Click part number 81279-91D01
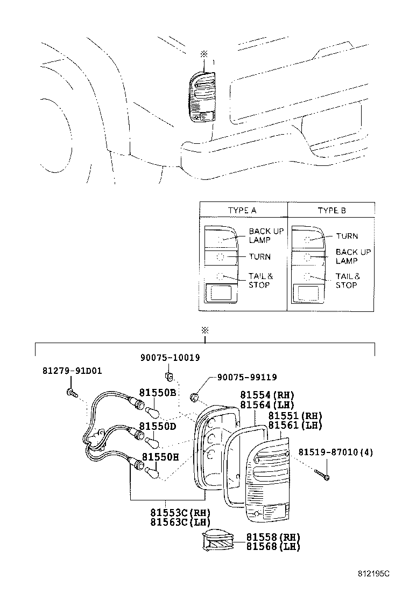pyautogui.click(x=72, y=371)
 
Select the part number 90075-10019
pyautogui.click(x=170, y=358)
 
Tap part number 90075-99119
pyautogui.click(x=247, y=377)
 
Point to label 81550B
pyautogui.click(x=157, y=392)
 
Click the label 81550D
pyautogui.click(x=157, y=426)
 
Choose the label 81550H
pyautogui.click(x=160, y=457)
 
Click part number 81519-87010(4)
pyautogui.click(x=336, y=452)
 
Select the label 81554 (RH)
pyautogui.click(x=267, y=395)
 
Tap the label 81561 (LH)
pyautogui.click(x=295, y=425)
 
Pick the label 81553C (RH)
pyautogui.click(x=180, y=512)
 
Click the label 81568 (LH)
pyautogui.click(x=273, y=547)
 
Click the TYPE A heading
pyautogui.click(x=242, y=210)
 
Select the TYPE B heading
pyautogui.click(x=332, y=210)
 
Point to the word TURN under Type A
pyautogui.click(x=260, y=257)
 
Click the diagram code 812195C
pyautogui.click(x=373, y=573)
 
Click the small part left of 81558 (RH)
pyautogui.click(x=217, y=540)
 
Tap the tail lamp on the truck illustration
pyautogui.click(x=202, y=97)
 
